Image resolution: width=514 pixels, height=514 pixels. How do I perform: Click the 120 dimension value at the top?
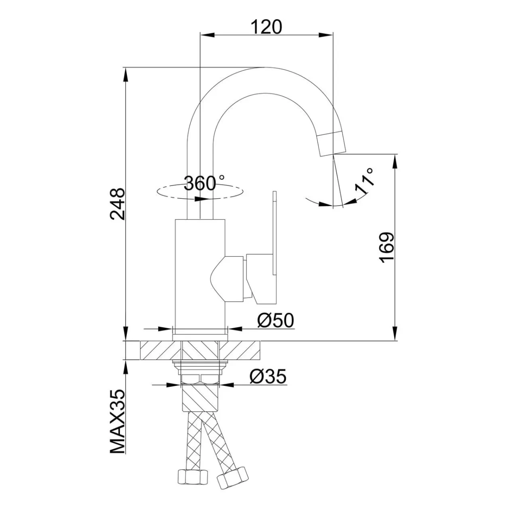pos(266,27)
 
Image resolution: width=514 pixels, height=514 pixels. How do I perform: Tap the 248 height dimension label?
pos(118,204)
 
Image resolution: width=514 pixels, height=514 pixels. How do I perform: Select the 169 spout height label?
pos(386,248)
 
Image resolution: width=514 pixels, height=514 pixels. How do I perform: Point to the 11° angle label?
pos(365,181)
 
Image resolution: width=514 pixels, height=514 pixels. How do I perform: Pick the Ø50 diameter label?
pos(275,320)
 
